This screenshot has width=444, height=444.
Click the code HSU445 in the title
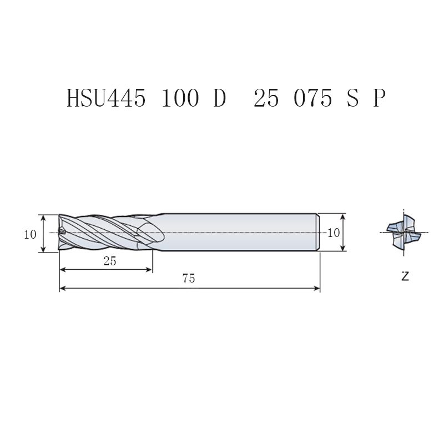(106, 98)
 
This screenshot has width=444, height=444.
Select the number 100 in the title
(180, 98)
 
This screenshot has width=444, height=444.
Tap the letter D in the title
(219, 98)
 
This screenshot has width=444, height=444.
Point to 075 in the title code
(313, 98)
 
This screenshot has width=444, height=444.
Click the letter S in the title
(352, 98)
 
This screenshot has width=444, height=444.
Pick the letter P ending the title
(379, 98)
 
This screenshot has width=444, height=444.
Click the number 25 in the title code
(266, 98)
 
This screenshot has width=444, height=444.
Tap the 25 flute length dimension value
(109, 261)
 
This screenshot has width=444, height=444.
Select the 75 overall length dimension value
(189, 279)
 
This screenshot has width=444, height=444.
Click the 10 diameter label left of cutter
(30, 234)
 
